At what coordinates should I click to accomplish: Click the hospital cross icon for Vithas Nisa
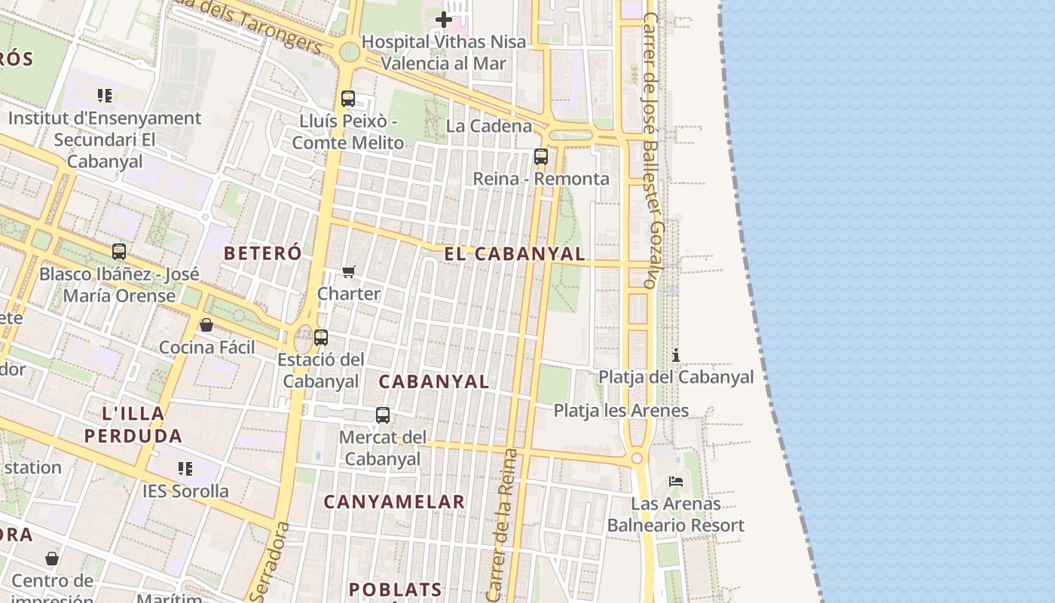[444, 20]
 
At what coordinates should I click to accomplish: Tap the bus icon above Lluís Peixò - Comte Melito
[347, 99]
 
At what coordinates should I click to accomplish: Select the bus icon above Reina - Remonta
[541, 157]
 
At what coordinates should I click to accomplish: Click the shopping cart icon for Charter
[348, 271]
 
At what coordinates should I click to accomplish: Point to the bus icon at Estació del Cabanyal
[321, 338]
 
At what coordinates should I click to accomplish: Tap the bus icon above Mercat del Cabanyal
[383, 415]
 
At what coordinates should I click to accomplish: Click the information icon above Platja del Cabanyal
[676, 355]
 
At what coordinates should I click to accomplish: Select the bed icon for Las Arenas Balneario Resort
[676, 482]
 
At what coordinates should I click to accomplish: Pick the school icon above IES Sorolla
[185, 469]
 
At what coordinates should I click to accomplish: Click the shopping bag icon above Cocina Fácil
[206, 325]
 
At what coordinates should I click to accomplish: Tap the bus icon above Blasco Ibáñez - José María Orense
[119, 252]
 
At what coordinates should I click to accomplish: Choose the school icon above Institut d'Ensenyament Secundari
[105, 96]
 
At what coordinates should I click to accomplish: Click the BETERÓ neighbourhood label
[262, 253]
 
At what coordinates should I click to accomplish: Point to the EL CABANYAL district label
[514, 254]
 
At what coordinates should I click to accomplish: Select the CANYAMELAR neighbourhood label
[394, 501]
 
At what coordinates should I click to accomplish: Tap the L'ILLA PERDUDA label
[133, 424]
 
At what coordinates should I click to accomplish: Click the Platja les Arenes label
[621, 411]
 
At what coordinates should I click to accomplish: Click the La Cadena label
[488, 126]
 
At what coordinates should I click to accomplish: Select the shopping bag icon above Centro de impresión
[52, 559]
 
